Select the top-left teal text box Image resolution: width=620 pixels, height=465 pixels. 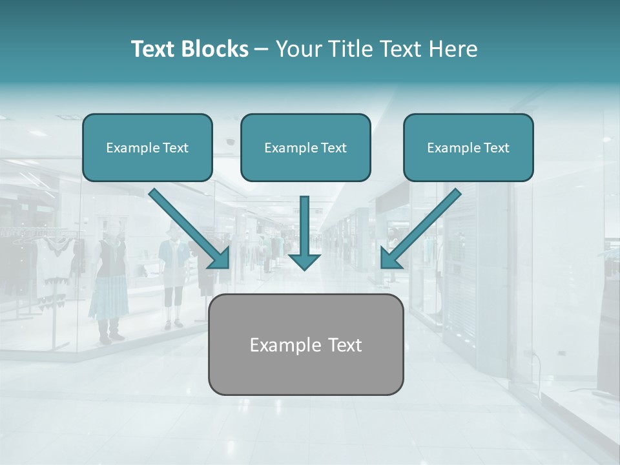pyautogui.click(x=147, y=147)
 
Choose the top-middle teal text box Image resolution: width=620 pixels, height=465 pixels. pyautogui.click(x=305, y=147)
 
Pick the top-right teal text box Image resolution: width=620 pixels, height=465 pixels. pyautogui.click(x=468, y=147)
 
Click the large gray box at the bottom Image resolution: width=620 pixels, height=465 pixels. pyautogui.click(x=305, y=344)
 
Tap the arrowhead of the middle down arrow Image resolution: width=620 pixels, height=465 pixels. pyautogui.click(x=304, y=260)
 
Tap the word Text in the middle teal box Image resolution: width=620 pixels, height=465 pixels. pyautogui.click(x=334, y=148)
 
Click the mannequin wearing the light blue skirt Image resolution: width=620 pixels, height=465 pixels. pyautogui.click(x=108, y=284)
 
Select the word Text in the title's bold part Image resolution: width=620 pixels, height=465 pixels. pyautogui.click(x=154, y=49)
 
